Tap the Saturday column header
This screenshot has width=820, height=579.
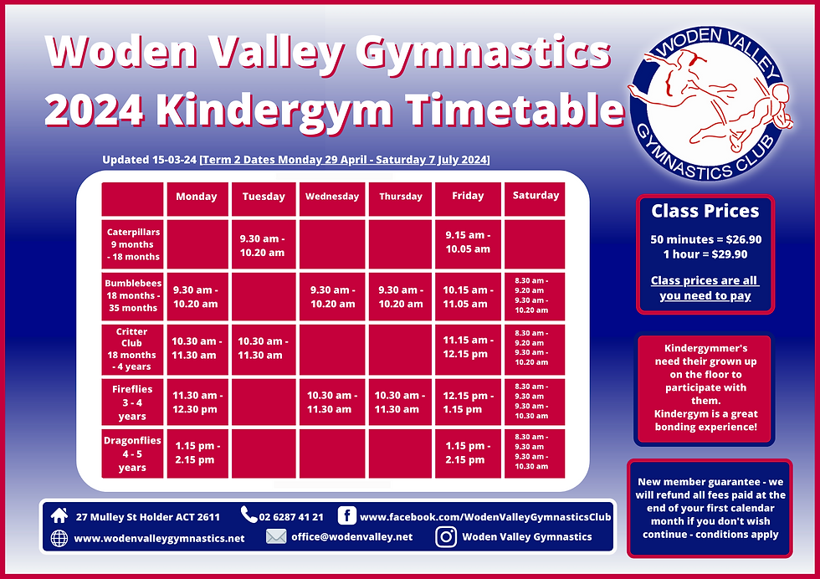pyautogui.click(x=536, y=196)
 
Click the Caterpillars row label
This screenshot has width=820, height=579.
pyautogui.click(x=132, y=244)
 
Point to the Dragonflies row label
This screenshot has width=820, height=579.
pyautogui.click(x=132, y=453)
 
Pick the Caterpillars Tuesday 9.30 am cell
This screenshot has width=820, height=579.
pyautogui.click(x=264, y=244)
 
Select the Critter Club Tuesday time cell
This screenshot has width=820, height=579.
pyautogui.click(x=264, y=348)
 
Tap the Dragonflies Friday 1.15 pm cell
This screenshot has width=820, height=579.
pyautogui.click(x=468, y=453)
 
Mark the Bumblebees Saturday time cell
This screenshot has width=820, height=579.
pyautogui.click(x=536, y=295)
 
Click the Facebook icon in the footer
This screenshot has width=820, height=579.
pyautogui.click(x=348, y=515)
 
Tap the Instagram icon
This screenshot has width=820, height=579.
pyautogui.click(x=446, y=537)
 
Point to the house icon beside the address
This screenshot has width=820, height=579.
pyautogui.click(x=59, y=515)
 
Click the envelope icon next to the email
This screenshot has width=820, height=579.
pyautogui.click(x=276, y=537)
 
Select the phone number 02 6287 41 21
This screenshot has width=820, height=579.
pyautogui.click(x=291, y=516)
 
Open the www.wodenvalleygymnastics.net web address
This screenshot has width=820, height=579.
pyautogui.click(x=159, y=538)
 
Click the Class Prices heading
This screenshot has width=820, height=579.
pyautogui.click(x=705, y=212)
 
